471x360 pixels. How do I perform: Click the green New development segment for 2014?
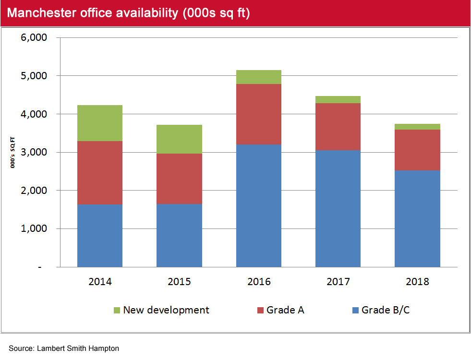(x=100, y=123)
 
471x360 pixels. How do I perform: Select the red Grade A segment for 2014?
(x=100, y=173)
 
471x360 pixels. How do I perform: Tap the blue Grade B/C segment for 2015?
(x=179, y=235)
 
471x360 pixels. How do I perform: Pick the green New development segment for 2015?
(x=179, y=139)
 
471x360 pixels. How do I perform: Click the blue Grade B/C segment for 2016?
(x=259, y=205)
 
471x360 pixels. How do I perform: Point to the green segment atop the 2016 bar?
(x=259, y=77)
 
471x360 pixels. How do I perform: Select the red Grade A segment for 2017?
(x=338, y=127)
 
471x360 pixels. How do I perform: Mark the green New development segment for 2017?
(x=338, y=99)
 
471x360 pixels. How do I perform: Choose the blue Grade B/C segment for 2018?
(x=417, y=218)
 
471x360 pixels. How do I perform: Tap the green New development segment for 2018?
(x=417, y=127)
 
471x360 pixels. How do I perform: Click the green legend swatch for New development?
(x=116, y=311)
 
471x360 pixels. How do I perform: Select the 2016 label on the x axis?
(x=259, y=281)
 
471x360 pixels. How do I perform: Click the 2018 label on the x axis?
(x=417, y=281)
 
